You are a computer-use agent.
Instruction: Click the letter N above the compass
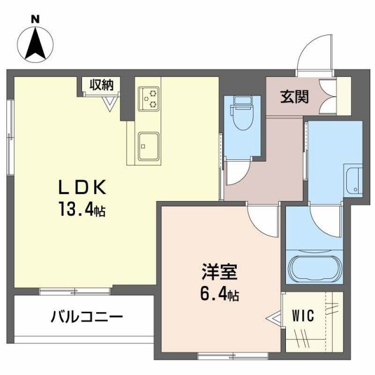click(36, 19)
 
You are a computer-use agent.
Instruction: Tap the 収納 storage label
click(101, 84)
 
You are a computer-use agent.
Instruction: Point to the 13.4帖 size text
click(82, 210)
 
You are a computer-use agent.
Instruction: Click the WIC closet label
click(303, 316)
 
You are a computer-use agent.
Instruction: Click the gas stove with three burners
click(149, 98)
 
